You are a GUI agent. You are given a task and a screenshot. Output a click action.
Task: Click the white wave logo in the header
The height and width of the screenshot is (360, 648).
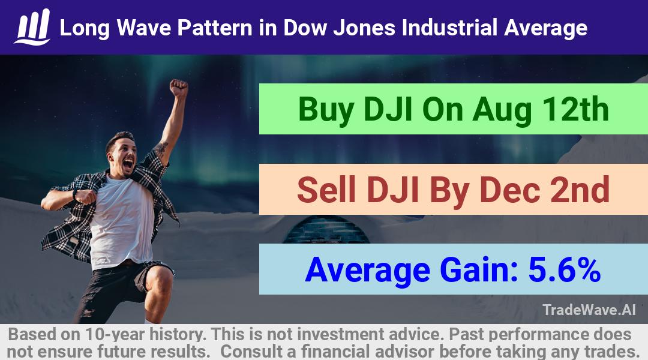click(32, 27)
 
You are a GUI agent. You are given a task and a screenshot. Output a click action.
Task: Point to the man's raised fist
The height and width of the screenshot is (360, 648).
click(179, 88)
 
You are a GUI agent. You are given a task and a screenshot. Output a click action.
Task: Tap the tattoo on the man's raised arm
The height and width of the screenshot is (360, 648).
click(160, 148)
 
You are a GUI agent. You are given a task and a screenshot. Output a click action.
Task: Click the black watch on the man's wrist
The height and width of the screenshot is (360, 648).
click(75, 194)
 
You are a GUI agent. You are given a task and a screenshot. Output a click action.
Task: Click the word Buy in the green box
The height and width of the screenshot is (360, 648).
click(326, 110)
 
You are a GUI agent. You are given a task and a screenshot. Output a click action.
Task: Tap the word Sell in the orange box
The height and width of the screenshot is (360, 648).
click(326, 190)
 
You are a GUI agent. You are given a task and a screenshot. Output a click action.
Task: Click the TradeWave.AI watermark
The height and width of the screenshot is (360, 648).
click(589, 310)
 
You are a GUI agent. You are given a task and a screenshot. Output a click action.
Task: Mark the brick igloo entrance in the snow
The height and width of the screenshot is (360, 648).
click(326, 230)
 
